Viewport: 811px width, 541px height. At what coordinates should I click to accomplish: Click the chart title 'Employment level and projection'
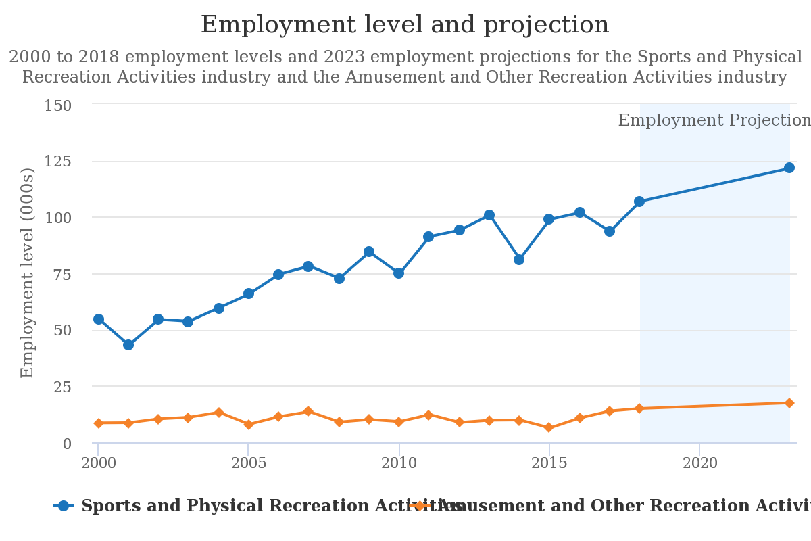[405, 25]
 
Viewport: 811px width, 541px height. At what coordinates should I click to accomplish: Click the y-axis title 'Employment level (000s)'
[28, 273]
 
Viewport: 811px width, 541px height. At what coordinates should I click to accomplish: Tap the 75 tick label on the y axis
[62, 274]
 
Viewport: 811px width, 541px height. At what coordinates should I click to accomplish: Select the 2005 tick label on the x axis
[248, 463]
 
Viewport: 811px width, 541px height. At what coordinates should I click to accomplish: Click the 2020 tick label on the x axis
[699, 463]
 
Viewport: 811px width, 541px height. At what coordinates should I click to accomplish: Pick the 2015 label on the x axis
[549, 463]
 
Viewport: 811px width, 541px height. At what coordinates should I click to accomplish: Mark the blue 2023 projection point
[789, 168]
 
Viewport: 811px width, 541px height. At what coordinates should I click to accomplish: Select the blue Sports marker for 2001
[128, 345]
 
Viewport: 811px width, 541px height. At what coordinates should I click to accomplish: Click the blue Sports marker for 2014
[519, 260]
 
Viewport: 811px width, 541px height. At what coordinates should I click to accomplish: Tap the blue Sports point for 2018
[639, 202]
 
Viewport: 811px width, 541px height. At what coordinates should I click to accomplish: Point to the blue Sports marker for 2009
[369, 252]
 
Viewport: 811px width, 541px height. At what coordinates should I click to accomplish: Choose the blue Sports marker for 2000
[99, 319]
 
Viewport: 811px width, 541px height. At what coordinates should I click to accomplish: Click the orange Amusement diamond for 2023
[789, 403]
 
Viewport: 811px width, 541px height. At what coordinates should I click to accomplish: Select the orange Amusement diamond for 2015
[549, 427]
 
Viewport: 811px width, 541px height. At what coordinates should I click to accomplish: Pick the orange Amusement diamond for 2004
[218, 412]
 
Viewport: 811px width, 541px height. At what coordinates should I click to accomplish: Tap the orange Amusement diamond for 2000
[99, 423]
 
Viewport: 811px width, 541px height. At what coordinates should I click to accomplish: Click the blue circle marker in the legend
[64, 506]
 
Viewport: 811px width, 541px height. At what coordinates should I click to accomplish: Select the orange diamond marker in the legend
[420, 506]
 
